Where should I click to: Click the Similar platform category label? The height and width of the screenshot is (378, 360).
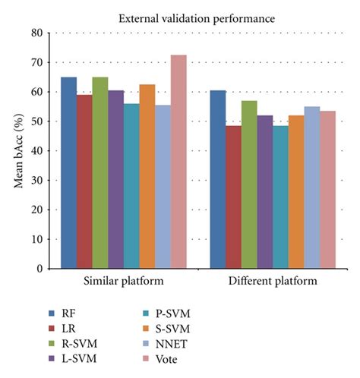(123, 282)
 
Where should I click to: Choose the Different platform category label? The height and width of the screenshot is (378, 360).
(271, 282)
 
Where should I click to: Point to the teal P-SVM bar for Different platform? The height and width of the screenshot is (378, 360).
(279, 197)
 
